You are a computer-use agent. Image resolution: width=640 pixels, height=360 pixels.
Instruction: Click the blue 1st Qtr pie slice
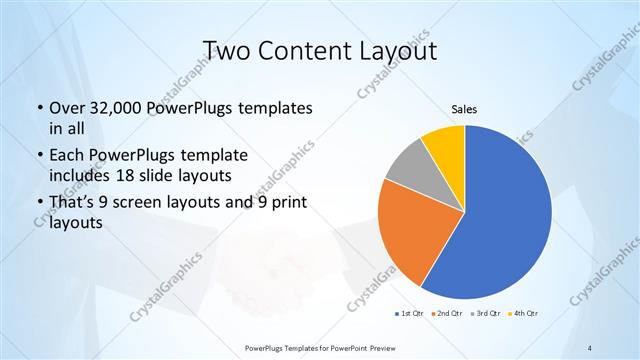[505, 215]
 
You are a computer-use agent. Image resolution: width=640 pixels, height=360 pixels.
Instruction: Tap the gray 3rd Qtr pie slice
[410, 170]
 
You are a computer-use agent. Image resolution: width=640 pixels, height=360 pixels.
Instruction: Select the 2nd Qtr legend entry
[447, 314]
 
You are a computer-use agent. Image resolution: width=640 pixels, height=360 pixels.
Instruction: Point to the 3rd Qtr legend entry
[486, 314]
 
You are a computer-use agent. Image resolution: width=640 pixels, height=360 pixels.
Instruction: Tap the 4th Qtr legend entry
[525, 314]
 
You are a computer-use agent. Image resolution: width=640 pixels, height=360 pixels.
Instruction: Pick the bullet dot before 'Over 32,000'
[38, 108]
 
